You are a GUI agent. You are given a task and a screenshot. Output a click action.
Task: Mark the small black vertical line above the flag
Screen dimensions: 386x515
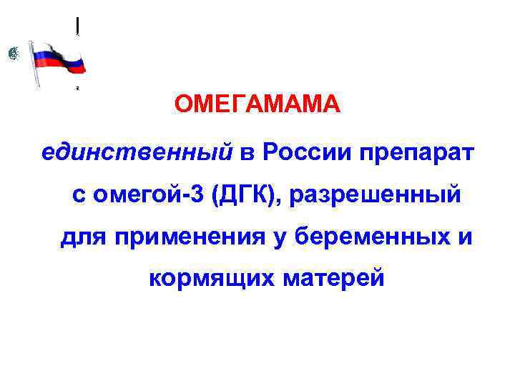pos(77,25)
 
